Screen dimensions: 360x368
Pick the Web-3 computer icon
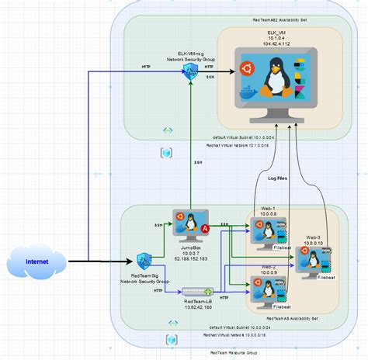[314, 260]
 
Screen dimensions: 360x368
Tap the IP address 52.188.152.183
[191, 258]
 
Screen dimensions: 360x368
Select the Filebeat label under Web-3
[325, 276]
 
